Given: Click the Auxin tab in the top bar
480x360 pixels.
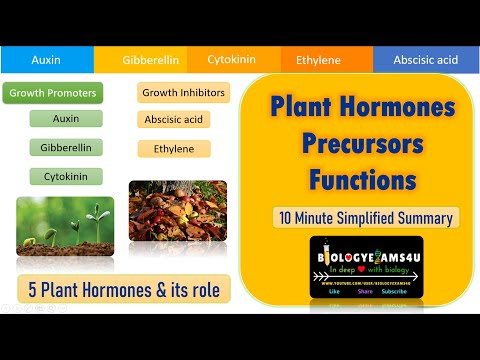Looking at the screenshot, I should pos(46,59).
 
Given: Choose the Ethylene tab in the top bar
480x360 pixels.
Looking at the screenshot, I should pos(318,59).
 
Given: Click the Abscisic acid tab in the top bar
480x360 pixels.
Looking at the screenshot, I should pos(425,59).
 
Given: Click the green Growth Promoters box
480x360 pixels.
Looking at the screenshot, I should pos(52,93).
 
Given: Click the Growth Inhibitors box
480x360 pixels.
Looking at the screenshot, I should pos(183,93).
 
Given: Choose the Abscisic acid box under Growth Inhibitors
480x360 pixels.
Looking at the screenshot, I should pos(175,120).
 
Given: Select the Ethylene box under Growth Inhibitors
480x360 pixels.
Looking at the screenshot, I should pos(175,149).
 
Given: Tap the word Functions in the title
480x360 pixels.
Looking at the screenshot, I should pos(361,181).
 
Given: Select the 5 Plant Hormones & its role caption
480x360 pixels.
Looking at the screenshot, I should pos(123,290).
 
